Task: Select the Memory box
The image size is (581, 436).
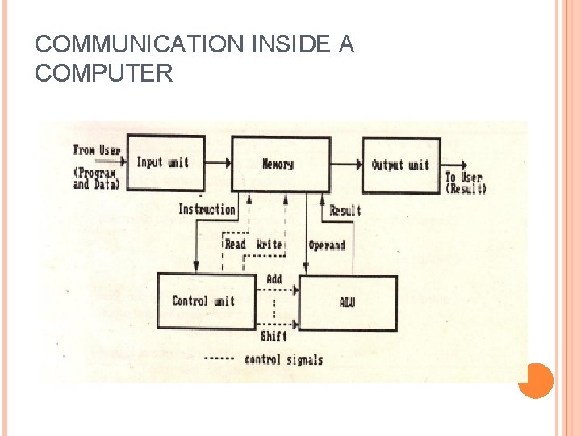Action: coord(279,164)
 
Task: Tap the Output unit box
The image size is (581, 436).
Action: coord(400,165)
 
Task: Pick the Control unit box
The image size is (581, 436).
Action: coord(205,301)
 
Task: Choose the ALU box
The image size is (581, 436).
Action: coord(348,303)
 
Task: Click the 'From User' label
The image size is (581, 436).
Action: coord(96,149)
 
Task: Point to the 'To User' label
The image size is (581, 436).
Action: coord(464,178)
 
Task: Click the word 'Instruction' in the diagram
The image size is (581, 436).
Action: coord(207,209)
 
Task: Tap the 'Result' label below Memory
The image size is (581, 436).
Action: coord(345,211)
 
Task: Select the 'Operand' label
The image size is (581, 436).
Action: coord(327,245)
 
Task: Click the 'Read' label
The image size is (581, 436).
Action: coord(235,244)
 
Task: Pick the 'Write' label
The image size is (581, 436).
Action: coord(270,244)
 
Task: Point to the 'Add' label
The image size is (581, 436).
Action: coord(274,279)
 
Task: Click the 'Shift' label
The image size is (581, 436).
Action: coord(274,336)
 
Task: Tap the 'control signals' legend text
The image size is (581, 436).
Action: coord(283,359)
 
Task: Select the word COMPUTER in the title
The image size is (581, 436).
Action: coord(103,74)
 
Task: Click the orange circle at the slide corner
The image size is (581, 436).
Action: coord(535,380)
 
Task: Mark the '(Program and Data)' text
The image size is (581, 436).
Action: coord(94,178)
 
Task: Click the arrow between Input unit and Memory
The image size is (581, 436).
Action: coord(218,163)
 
